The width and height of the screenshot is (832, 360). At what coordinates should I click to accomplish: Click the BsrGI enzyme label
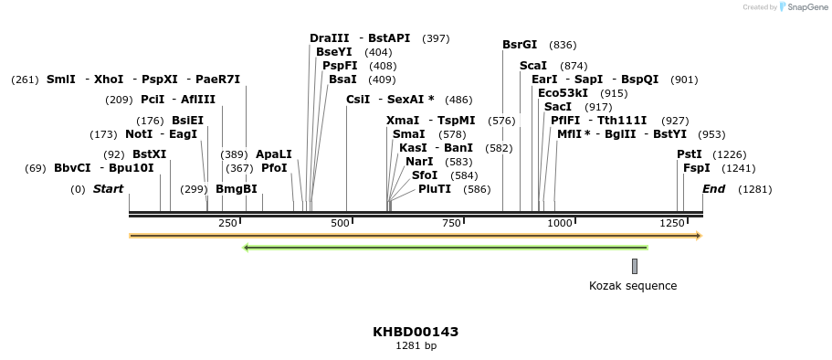pos(520,45)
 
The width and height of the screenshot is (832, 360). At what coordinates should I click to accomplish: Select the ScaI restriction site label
pos(533,66)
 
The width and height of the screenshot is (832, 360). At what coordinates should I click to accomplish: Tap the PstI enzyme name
pos(690,154)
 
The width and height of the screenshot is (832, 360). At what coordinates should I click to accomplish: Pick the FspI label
pos(696,168)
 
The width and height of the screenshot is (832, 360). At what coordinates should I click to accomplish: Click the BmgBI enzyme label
pos(237,189)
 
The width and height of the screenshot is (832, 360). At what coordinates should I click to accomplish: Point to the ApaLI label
pos(274,154)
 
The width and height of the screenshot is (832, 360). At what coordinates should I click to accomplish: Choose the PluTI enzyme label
pos(435,189)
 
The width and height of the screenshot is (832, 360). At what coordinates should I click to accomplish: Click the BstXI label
pos(150,154)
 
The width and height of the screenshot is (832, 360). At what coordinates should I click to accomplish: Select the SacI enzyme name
pos(558,107)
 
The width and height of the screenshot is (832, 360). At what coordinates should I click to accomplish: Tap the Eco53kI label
pos(563,93)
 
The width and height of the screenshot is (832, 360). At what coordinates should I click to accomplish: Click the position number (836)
pos(563,45)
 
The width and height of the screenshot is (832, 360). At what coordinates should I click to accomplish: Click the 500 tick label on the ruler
pos(340,224)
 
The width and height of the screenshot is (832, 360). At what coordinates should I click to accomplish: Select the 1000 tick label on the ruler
pos(560,224)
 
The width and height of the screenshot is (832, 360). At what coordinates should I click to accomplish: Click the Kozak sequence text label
pos(633,286)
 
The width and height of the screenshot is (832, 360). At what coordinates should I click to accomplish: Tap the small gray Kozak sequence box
pos(635,266)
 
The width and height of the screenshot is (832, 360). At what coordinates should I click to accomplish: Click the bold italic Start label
pos(108,189)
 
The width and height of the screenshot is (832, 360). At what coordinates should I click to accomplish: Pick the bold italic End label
pos(713,189)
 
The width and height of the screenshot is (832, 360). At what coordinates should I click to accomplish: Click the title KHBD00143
pos(416,332)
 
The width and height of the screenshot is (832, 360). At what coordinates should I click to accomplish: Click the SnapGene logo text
pos(807,7)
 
